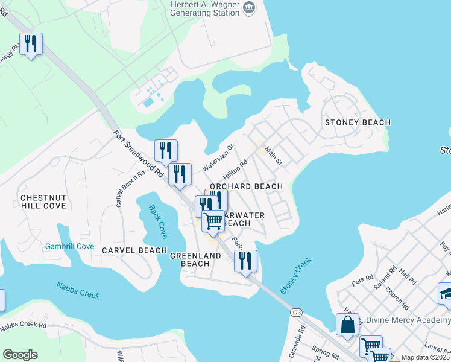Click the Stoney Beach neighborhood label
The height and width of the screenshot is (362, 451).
point(358,122)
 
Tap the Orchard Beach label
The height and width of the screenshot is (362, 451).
point(246,186)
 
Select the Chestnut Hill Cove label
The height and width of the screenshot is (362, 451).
point(42,202)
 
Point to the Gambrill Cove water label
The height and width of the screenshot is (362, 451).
point(69,246)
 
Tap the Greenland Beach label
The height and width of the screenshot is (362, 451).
point(189,259)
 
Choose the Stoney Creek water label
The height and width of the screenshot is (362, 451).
point(295,276)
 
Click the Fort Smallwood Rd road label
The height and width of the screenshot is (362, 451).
point(139,154)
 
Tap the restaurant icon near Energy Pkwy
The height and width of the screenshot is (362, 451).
point(31,44)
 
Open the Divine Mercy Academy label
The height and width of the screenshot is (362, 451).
point(403,320)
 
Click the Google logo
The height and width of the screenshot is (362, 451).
point(20,354)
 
